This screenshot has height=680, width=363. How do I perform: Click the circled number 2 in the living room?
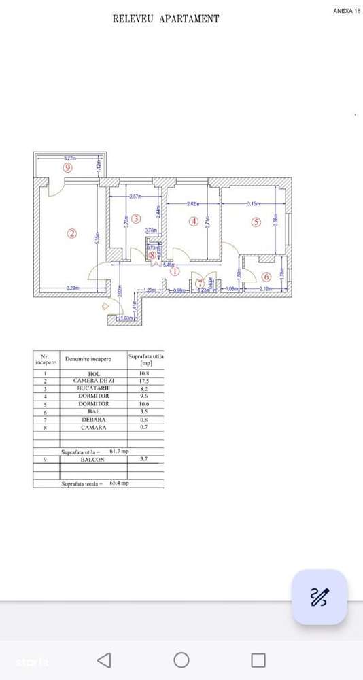(x=72, y=233)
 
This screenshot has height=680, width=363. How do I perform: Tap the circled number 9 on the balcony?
(x=67, y=167)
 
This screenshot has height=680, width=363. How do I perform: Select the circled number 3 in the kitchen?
(x=136, y=218)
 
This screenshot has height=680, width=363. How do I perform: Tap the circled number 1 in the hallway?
(x=174, y=271)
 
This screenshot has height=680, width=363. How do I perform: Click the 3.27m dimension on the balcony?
(x=70, y=158)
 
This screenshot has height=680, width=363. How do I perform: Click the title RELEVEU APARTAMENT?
(x=166, y=19)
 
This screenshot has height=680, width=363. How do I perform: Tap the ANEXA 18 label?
(x=347, y=11)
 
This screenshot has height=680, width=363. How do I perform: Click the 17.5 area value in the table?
(x=144, y=381)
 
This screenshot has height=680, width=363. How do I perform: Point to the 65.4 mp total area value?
(x=120, y=483)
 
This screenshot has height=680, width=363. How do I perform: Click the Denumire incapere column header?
(x=88, y=358)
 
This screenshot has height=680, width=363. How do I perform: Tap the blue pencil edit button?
(x=319, y=597)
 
